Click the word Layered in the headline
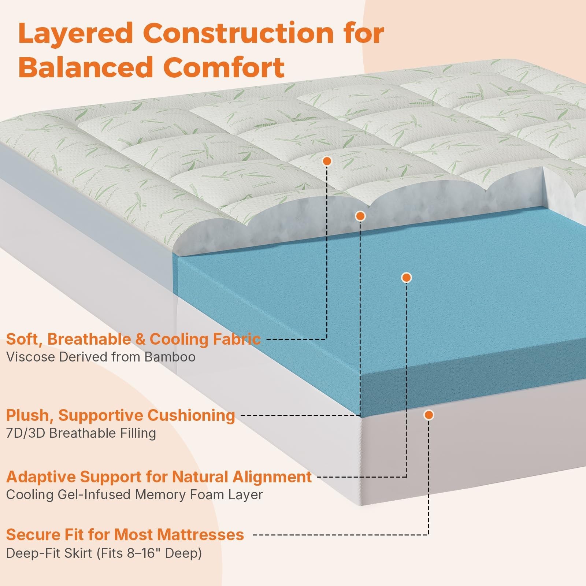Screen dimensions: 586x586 point(75,34)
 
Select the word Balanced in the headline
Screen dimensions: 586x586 point(85,67)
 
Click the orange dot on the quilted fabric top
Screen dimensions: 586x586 point(327,161)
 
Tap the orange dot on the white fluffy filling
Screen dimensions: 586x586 point(360,216)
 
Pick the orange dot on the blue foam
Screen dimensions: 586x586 point(407,278)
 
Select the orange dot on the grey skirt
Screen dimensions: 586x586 point(429,415)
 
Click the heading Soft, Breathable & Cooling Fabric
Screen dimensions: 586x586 point(133,339)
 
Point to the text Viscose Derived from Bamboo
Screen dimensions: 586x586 point(101,357)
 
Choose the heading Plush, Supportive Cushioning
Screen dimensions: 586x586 point(120,415)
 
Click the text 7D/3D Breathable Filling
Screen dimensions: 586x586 point(81,433)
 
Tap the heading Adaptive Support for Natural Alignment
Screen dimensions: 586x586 point(159,477)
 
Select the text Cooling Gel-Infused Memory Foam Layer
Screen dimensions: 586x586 point(134,494)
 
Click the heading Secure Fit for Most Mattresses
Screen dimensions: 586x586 point(125,535)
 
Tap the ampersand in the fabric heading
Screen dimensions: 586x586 point(140,340)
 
